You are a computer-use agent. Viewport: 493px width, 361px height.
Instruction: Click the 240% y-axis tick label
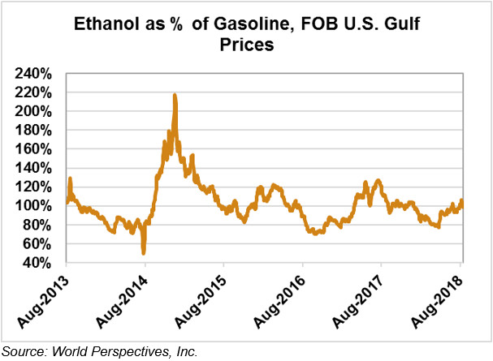coord(34,73)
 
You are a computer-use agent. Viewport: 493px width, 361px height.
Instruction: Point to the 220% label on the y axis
coord(34,92)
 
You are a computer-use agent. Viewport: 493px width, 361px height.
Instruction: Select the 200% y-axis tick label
coord(34,111)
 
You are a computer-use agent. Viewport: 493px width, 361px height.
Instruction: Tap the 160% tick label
coord(34,149)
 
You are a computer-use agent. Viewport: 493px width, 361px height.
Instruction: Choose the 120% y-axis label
coord(34,187)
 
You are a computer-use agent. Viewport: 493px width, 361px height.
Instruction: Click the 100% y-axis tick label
coord(34,206)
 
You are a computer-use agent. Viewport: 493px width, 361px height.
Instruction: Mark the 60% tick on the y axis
coord(37,244)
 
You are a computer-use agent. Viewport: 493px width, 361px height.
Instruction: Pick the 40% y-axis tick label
coord(37,263)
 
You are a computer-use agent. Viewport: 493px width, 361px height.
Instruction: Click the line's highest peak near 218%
coord(175,96)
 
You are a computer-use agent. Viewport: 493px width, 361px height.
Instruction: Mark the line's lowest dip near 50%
coord(144,252)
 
